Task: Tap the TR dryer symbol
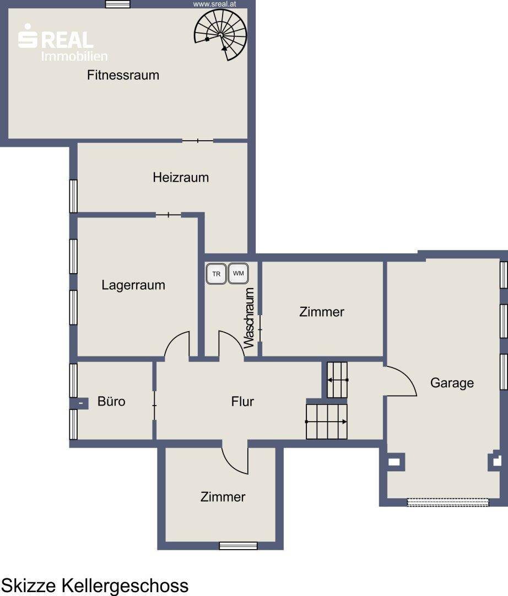[216, 274]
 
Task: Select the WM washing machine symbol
[238, 273]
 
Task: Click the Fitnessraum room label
[123, 75]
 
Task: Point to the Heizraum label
[181, 177]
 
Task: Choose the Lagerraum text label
[133, 285]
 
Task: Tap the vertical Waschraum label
[248, 318]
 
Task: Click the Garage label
[452, 383]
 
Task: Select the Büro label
[111, 401]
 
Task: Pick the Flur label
[242, 401]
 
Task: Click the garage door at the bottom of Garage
[448, 502]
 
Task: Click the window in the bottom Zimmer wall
[238, 546]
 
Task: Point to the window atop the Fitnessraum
[117, 4]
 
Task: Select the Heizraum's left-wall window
[73, 196]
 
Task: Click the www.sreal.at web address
[215, 4]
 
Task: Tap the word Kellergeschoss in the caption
[125, 586]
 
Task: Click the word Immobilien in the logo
[74, 56]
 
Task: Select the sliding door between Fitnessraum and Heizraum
[198, 141]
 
